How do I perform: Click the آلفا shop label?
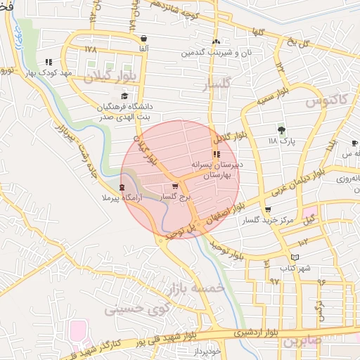click(x=143, y=49)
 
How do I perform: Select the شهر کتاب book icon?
click(x=295, y=257)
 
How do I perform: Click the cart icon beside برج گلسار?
click(x=174, y=187)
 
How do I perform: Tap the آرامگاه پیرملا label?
click(x=122, y=199)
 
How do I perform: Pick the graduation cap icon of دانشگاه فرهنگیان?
click(x=124, y=96)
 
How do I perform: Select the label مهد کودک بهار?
click(x=47, y=72)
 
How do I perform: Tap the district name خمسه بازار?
click(x=195, y=288)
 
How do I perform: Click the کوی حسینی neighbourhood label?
click(x=134, y=309)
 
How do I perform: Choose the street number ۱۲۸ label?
click(x=90, y=50)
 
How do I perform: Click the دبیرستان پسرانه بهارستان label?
click(x=217, y=168)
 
